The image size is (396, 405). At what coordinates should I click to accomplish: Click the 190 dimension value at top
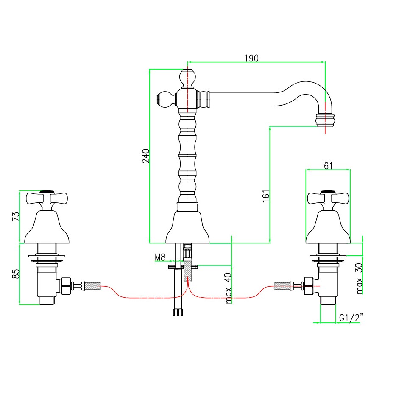(x=251, y=58)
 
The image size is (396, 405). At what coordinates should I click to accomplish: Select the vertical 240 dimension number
(x=145, y=156)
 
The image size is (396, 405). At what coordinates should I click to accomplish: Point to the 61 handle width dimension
(x=328, y=166)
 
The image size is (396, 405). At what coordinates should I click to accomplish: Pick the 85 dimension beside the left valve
(x=16, y=274)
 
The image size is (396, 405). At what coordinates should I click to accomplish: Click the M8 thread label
(x=160, y=257)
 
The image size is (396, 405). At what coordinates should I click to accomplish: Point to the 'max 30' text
(x=360, y=278)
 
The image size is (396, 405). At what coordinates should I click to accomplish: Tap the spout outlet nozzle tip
(x=326, y=120)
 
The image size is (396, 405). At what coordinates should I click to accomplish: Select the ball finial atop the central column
(x=188, y=78)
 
